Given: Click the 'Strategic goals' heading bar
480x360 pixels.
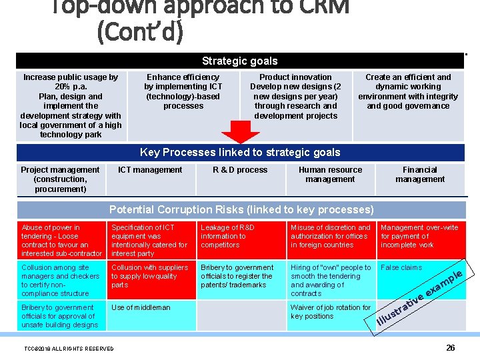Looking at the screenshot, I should (x=240, y=61).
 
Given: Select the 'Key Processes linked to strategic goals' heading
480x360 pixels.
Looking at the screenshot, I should (x=240, y=153).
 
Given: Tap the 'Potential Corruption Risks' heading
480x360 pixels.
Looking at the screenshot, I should (x=241, y=209).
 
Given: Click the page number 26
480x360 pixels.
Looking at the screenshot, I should (x=451, y=348).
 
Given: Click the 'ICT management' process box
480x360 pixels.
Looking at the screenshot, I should (x=150, y=170).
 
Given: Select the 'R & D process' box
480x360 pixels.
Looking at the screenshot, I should (x=240, y=170).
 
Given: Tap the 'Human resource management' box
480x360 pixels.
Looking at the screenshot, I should (x=330, y=175).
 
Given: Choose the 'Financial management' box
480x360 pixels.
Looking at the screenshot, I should (x=420, y=175).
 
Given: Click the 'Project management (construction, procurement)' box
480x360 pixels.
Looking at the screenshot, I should (x=60, y=179).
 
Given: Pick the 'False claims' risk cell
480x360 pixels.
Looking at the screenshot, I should (x=401, y=268).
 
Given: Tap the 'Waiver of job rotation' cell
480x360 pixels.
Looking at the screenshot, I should (x=331, y=312).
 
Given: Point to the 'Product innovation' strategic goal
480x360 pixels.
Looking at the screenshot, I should (x=295, y=96).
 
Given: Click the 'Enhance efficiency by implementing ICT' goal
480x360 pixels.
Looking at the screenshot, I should (x=183, y=91).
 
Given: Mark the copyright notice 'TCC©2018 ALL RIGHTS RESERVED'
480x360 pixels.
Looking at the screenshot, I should (x=69, y=349).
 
